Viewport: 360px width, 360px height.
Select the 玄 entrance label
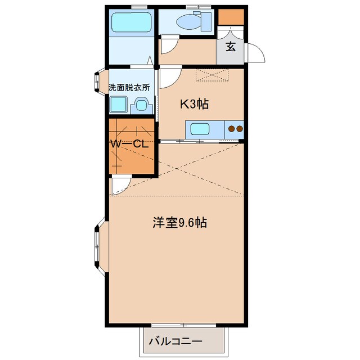pyautogui.click(x=231, y=46)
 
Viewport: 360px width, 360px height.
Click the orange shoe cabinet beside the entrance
pyautogui.click(x=231, y=17)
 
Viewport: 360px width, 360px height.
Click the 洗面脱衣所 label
pyautogui.click(x=130, y=87)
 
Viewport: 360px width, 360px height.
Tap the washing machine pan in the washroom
pyautogui.click(x=120, y=105)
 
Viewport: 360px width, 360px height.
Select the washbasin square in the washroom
pyautogui.click(x=142, y=105)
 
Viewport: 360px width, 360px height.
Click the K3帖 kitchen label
pyautogui.click(x=195, y=103)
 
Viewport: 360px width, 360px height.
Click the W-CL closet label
pyautogui.click(x=129, y=144)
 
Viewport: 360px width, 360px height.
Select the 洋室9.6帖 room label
pyautogui.click(x=179, y=222)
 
